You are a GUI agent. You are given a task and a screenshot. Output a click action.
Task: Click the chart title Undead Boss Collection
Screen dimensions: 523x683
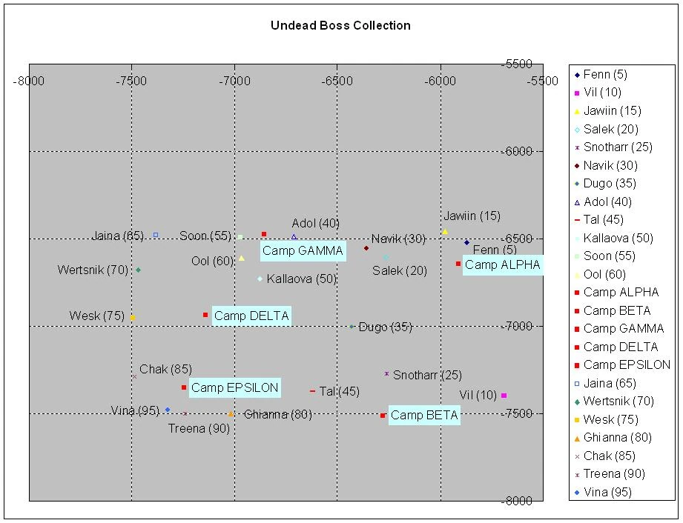click(340, 25)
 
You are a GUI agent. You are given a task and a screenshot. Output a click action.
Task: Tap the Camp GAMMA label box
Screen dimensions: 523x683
click(303, 251)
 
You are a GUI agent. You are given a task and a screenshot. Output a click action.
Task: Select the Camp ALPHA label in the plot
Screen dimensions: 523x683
click(502, 265)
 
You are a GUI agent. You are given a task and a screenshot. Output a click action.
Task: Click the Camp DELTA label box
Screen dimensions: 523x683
click(251, 316)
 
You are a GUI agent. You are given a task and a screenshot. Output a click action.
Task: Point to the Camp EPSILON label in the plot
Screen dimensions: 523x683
click(234, 387)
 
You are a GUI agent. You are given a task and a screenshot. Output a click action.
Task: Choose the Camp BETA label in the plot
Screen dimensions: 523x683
click(423, 416)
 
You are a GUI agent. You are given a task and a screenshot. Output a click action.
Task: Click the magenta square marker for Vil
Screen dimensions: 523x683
click(504, 396)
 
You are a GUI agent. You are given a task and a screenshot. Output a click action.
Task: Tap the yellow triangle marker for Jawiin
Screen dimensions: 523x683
click(445, 232)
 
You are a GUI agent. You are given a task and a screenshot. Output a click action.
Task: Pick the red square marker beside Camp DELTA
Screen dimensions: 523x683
click(206, 315)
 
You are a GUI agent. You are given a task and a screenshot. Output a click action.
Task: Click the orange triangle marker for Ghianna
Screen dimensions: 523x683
click(231, 414)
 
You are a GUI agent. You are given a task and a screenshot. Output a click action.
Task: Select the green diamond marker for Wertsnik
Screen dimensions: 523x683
click(139, 270)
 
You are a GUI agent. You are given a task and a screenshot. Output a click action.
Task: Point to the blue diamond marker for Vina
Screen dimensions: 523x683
click(168, 410)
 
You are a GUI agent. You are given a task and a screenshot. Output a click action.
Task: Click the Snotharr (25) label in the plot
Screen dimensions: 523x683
click(427, 375)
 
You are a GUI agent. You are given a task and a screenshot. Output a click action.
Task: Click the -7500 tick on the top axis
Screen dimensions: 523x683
click(131, 81)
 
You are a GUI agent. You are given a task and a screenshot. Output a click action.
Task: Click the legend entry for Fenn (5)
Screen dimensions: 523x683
click(604, 74)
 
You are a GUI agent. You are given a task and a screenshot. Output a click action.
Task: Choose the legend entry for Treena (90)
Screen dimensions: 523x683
click(613, 474)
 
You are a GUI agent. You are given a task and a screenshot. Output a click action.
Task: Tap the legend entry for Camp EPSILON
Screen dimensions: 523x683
click(626, 365)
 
